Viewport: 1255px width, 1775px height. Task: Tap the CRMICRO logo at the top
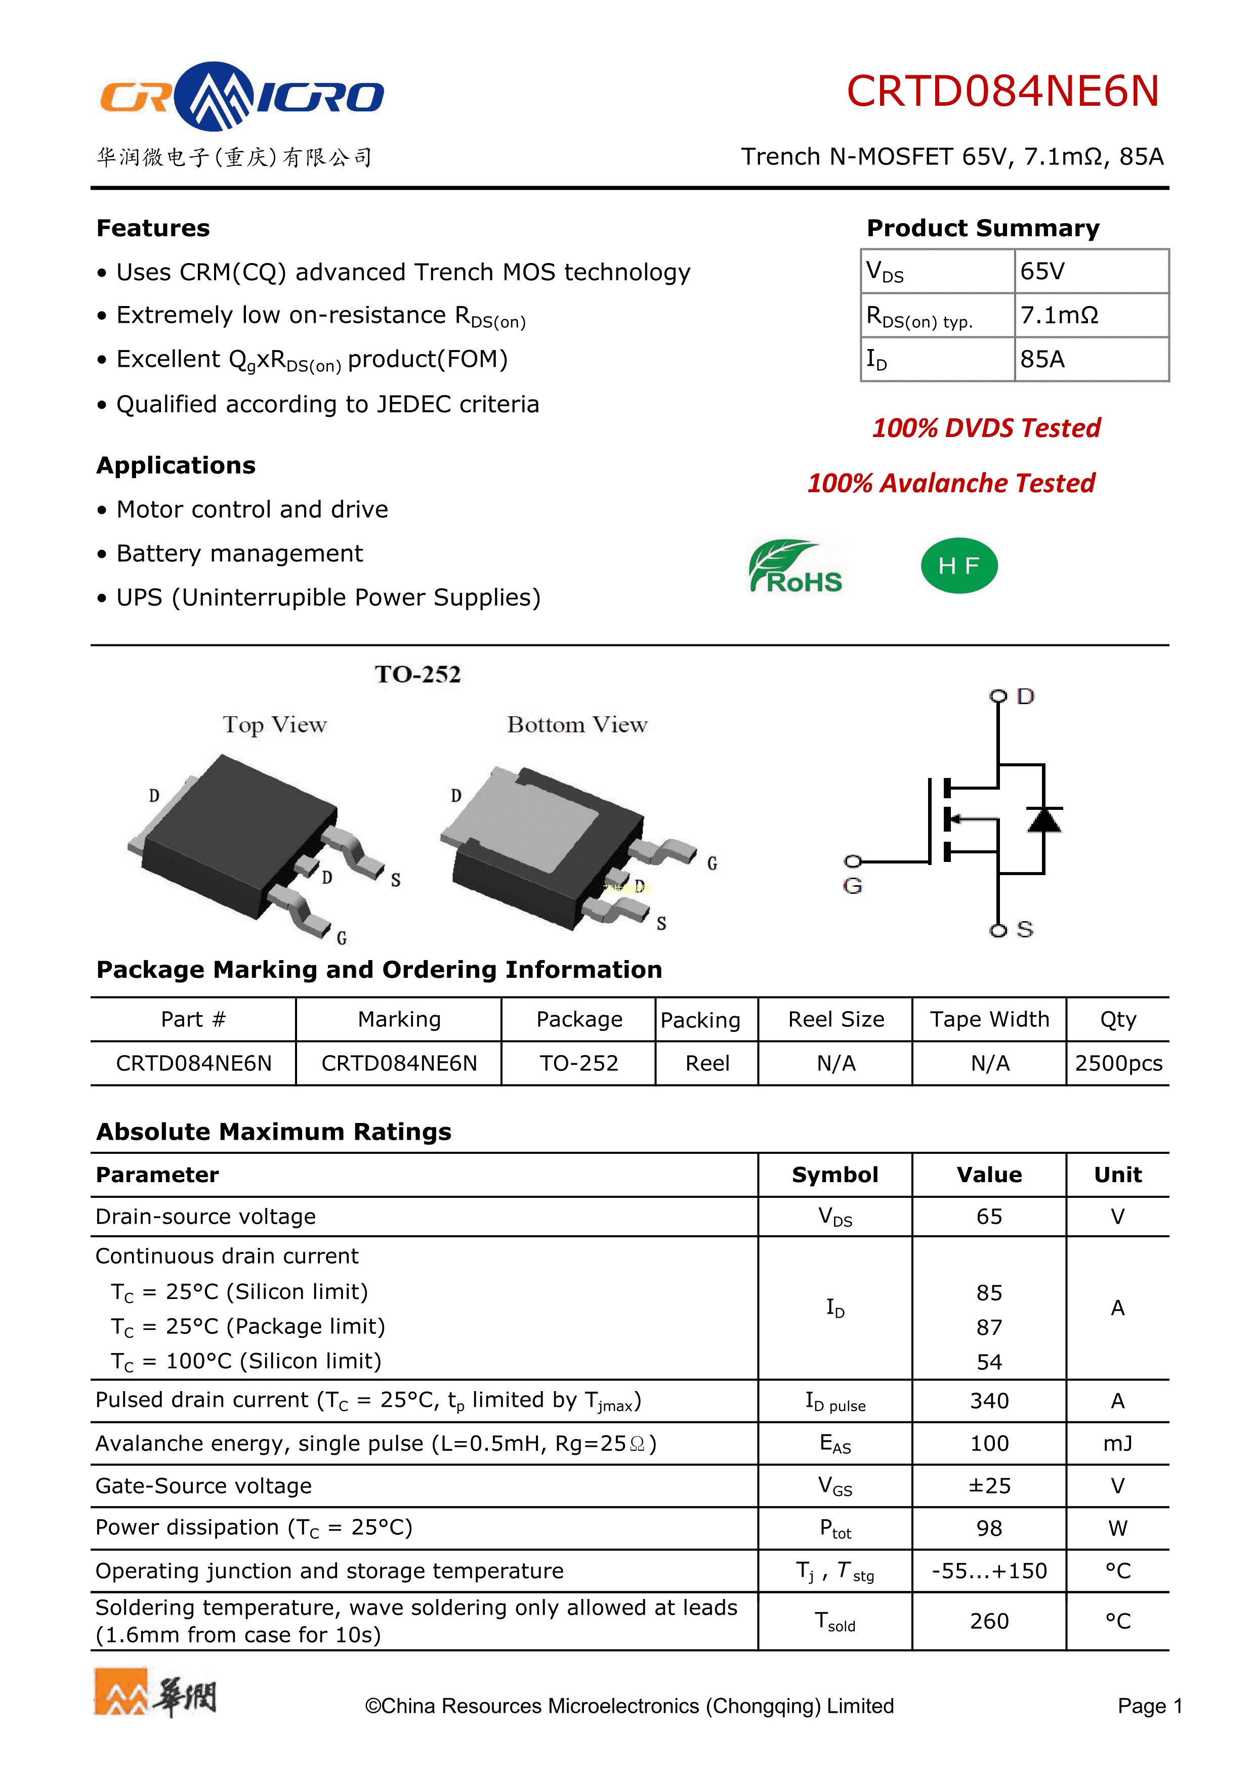click(x=241, y=97)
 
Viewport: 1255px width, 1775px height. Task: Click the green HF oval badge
click(x=959, y=566)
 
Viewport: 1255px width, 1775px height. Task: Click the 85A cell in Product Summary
click(x=1042, y=360)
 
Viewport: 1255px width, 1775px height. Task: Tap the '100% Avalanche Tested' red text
click(x=951, y=483)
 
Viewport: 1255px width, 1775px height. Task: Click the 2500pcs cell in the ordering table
click(x=1118, y=1064)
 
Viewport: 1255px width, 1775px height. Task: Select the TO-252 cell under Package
click(x=578, y=1064)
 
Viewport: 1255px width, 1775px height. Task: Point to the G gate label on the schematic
click(x=852, y=886)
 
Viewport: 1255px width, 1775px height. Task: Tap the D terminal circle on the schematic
click(x=998, y=697)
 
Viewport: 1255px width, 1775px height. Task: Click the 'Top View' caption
click(x=274, y=725)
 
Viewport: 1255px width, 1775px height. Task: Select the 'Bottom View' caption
click(x=577, y=725)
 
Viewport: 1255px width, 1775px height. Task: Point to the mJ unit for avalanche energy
click(x=1117, y=1443)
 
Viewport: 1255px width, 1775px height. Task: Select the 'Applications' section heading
click(x=176, y=465)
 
